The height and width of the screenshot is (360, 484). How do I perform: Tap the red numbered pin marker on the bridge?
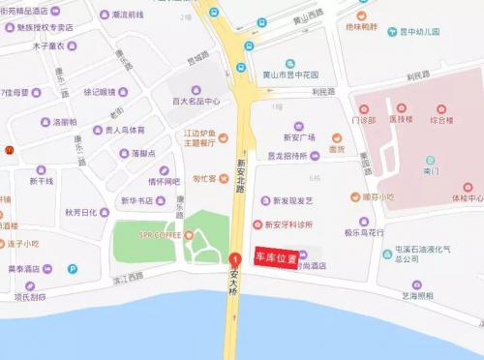coord(234,260)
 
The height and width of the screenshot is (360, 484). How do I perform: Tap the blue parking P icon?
coord(73,269)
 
